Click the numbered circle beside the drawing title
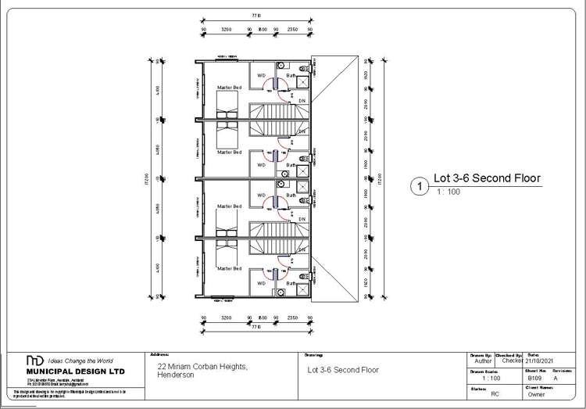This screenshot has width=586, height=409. point(420,186)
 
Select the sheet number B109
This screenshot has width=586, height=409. point(534,378)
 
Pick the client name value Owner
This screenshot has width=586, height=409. point(537,396)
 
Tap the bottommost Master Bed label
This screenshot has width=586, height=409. point(230,268)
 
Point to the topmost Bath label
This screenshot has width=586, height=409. point(291,75)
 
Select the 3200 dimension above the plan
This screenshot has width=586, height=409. point(227,29)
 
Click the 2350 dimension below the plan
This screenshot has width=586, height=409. point(293,318)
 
